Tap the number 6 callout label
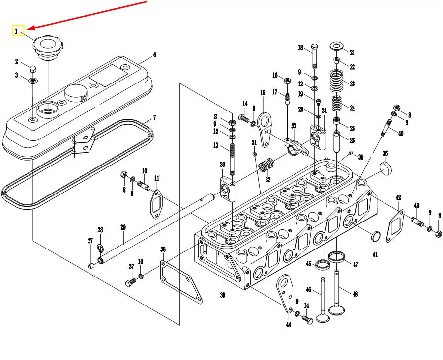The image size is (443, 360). tap(154, 55)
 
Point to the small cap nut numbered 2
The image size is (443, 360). tap(32, 68)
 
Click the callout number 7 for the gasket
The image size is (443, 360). tap(154, 118)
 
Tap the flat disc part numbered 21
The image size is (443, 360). tap(337, 47)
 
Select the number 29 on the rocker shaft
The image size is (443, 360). tap(123, 227)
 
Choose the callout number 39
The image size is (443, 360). tap(222, 295)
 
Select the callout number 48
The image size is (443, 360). tap(354, 294)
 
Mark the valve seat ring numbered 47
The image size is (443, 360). tap(337, 256)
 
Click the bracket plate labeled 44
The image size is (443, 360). tap(285, 293)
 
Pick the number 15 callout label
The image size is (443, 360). tap(263, 93)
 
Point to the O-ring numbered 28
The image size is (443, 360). tap(100, 247)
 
